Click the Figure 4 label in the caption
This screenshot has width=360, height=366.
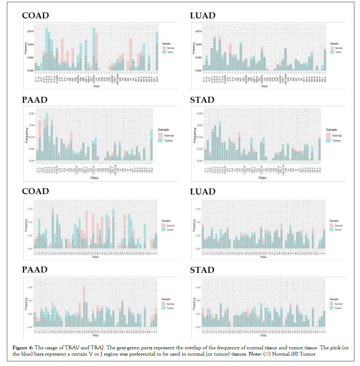[23, 348]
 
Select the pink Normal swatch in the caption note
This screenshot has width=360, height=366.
[267, 354]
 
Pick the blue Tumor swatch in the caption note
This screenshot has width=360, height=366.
[294, 354]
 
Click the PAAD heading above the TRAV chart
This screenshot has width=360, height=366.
[35, 100]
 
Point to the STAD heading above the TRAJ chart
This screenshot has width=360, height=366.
[202, 270]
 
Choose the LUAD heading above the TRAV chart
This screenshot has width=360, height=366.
[203, 16]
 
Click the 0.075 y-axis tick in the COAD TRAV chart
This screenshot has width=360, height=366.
[30, 31]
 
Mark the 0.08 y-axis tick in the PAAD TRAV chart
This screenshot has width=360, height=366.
[32, 113]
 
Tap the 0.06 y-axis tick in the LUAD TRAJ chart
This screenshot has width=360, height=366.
[198, 209]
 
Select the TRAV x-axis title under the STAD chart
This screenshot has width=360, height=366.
[262, 178]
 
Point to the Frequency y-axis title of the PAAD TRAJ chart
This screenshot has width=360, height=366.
[26, 304]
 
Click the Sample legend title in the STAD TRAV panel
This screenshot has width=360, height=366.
[331, 130]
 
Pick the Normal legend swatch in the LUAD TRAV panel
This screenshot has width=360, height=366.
[332, 48]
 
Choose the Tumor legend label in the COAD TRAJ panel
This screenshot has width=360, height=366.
[170, 230]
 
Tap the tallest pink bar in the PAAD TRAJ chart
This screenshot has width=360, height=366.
[84, 294]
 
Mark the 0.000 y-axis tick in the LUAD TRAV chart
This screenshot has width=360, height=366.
[198, 70]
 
